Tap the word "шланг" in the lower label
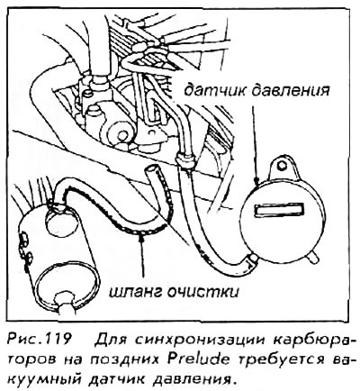[x=135, y=291]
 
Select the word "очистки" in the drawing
[x=203, y=291]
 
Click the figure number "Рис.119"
[x=40, y=340]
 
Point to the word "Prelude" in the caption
[x=198, y=359]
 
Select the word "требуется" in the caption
[x=283, y=359]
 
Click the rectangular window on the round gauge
[x=279, y=208]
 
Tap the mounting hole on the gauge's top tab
[x=282, y=165]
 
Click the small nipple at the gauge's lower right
[x=313, y=257]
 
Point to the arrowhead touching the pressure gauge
[x=256, y=180]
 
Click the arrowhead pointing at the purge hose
[x=141, y=236]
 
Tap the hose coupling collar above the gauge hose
[x=184, y=159]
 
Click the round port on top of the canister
[x=58, y=221]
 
